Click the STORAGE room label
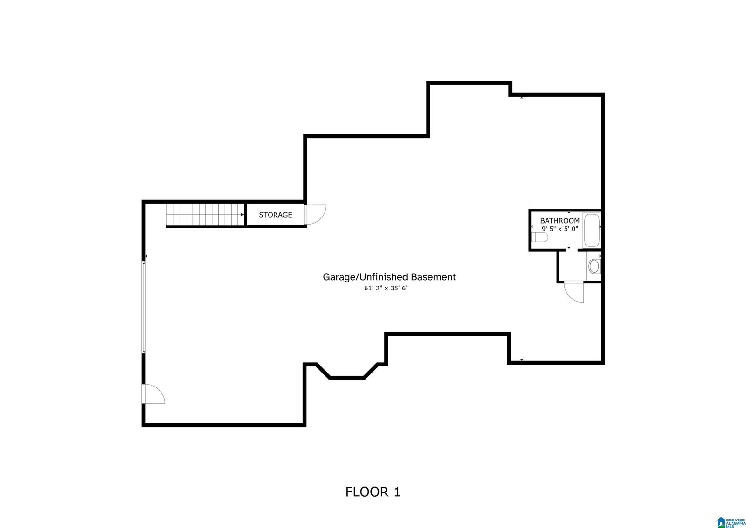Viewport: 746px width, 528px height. tap(276, 215)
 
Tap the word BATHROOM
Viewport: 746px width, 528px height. tap(560, 221)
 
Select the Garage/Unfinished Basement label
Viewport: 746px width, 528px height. tap(389, 277)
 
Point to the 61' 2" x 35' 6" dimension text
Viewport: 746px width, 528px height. tap(387, 288)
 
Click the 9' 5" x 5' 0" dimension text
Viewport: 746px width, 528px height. tap(560, 229)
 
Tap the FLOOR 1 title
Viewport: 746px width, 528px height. tap(373, 492)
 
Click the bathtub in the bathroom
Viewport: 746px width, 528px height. tap(592, 230)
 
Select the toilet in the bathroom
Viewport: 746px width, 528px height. tap(539, 238)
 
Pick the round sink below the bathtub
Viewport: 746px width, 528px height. tap(594, 266)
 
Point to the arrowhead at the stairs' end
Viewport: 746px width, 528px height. tap(242, 214)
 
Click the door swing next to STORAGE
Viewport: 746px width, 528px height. tap(315, 214)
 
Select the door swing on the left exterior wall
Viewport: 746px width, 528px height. tap(153, 394)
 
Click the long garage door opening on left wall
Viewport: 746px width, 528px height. tap(144, 307)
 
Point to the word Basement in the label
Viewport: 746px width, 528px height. tap(433, 277)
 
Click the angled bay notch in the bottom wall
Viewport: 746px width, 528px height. tap(347, 371)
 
